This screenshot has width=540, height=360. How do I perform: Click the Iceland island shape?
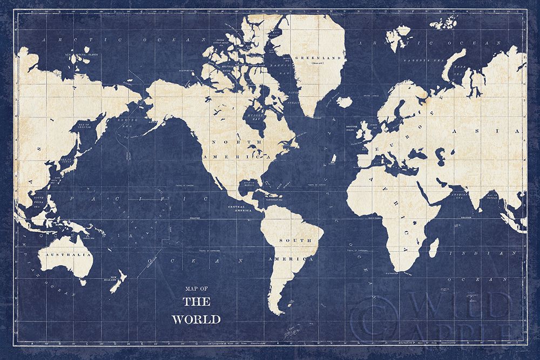[x=344, y=101]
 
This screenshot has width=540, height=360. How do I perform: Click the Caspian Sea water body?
[x=450, y=149]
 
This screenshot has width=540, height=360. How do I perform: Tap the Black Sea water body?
[x=422, y=147]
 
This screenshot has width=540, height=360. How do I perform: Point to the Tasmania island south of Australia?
[x=83, y=281]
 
